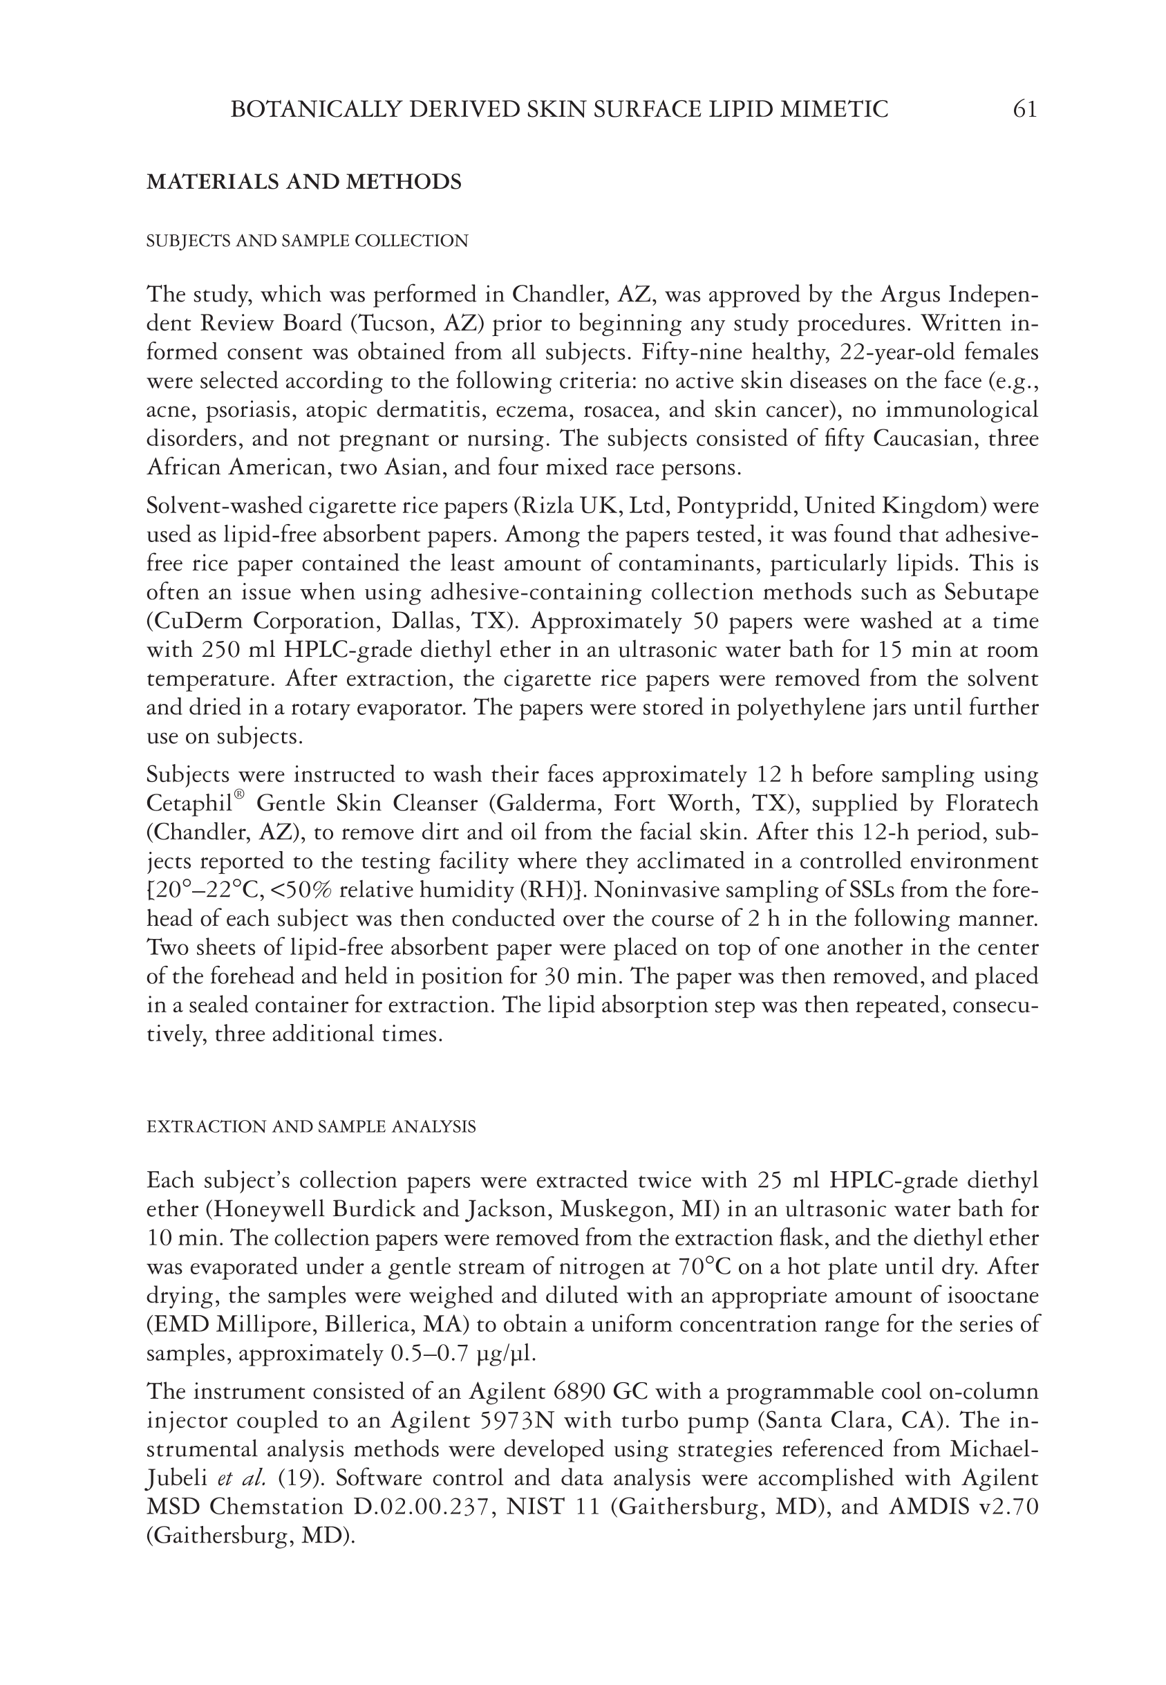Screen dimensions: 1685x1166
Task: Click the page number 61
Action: pyautogui.click(x=1024, y=110)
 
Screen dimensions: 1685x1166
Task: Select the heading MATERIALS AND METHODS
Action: pyautogui.click(x=304, y=182)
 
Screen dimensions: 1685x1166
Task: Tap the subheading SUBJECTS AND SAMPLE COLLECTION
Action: pyautogui.click(x=307, y=241)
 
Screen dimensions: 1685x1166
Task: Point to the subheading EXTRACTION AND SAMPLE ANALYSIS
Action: pyautogui.click(x=310, y=1127)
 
